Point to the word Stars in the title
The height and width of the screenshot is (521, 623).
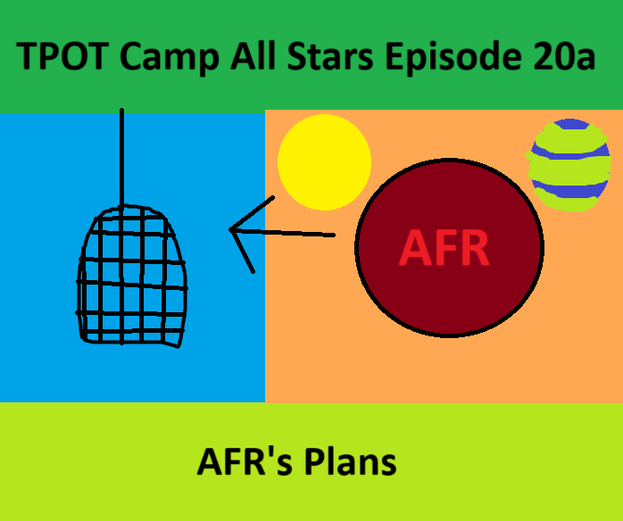329,57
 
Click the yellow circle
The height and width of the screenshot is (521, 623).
324,161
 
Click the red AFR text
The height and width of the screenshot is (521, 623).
444,249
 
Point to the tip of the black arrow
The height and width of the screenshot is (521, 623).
231,230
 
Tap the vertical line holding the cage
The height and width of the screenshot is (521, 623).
122,156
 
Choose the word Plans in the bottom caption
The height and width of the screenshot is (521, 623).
349,462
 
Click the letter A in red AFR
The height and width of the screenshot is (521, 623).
414,249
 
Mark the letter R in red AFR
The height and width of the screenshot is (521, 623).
474,249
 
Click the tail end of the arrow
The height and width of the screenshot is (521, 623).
334,236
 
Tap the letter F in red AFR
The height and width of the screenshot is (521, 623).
444,249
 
